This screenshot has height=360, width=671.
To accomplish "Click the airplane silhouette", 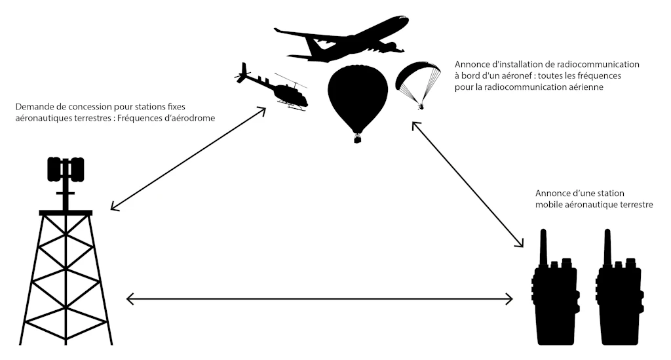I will [x=347, y=41].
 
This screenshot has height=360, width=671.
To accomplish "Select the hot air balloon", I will [x=356, y=95].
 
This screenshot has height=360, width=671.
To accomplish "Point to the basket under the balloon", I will [x=357, y=139].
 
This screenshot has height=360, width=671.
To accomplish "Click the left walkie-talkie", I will [x=554, y=295].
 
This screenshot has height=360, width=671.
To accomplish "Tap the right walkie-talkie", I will [x=618, y=295].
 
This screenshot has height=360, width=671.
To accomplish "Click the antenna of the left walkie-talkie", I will [x=543, y=246].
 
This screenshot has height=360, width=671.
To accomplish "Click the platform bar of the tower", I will [x=66, y=212].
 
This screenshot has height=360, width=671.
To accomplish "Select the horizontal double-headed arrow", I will [x=319, y=300].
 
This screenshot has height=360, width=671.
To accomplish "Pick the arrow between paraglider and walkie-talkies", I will [x=468, y=184].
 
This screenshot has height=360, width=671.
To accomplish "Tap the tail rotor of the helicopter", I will [x=243, y=73].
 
